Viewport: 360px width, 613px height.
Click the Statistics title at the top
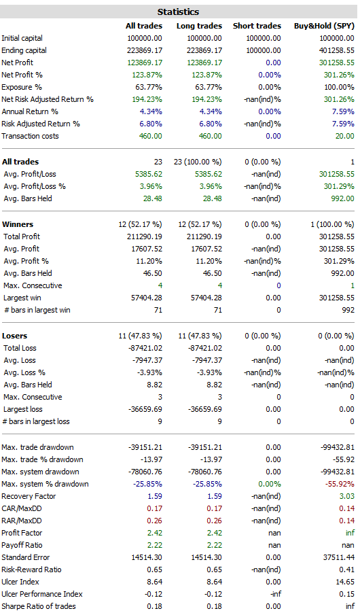178,12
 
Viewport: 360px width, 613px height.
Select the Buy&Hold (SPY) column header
324,26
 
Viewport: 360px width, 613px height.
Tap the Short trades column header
257,26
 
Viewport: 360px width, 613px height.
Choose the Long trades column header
199,26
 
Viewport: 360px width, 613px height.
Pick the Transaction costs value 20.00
345,136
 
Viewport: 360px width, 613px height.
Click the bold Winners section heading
18,224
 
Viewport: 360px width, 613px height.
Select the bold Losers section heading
14,336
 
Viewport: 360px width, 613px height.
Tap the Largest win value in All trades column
146,298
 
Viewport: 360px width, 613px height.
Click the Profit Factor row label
22,533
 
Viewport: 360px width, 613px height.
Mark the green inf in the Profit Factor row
350,533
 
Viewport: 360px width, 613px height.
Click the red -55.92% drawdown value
340,484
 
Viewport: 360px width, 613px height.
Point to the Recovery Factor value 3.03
347,496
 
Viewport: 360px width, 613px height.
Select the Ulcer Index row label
20,582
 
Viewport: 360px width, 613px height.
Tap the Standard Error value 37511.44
339,557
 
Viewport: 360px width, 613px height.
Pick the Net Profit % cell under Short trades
269,75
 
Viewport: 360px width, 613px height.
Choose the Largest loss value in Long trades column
205,409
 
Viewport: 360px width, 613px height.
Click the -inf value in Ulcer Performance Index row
276,594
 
